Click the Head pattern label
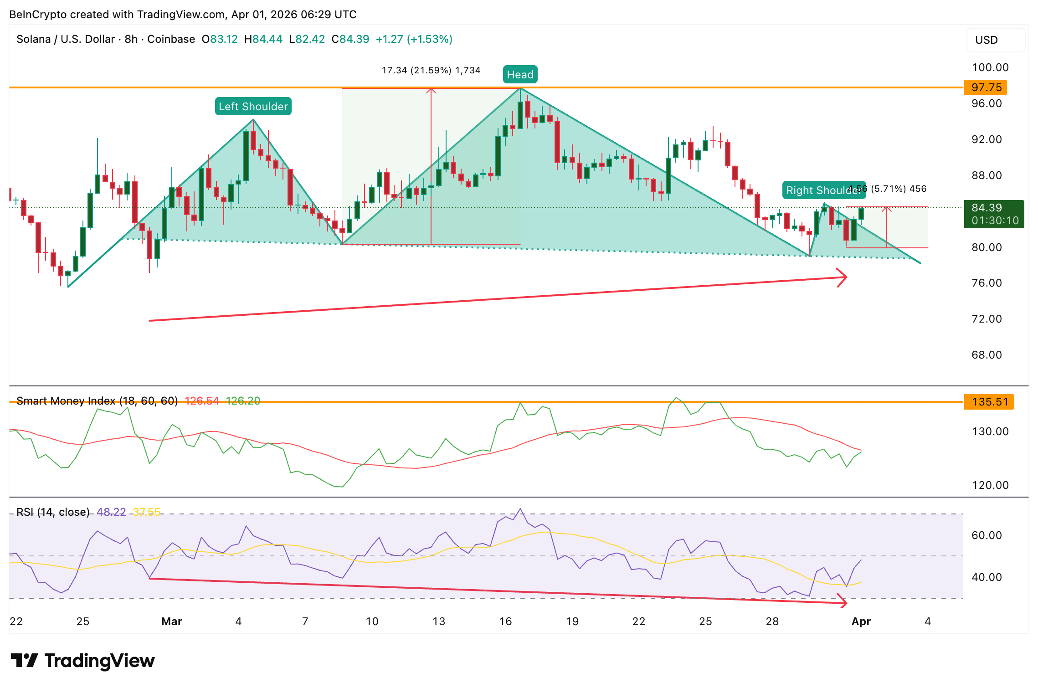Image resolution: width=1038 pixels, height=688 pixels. (520, 75)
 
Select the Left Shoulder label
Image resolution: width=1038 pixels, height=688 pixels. (253, 107)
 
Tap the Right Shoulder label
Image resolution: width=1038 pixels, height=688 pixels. (823, 190)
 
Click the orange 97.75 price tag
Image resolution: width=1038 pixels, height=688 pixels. (986, 87)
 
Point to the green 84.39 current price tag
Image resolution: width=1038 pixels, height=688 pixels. (994, 214)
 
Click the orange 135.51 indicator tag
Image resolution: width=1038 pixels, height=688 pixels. (989, 402)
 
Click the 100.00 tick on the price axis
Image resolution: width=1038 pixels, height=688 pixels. (990, 67)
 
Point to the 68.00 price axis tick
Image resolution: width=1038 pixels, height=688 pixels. (987, 355)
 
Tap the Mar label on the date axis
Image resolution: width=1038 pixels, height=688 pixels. (172, 621)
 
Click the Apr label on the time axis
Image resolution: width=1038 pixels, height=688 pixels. (861, 621)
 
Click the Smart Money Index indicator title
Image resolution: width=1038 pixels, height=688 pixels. (97, 401)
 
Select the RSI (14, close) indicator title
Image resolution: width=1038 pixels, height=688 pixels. (53, 512)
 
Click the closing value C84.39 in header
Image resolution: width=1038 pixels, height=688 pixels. (350, 39)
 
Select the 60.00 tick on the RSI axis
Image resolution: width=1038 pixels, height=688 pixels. (987, 535)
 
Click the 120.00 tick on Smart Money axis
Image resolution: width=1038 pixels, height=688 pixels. (990, 485)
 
